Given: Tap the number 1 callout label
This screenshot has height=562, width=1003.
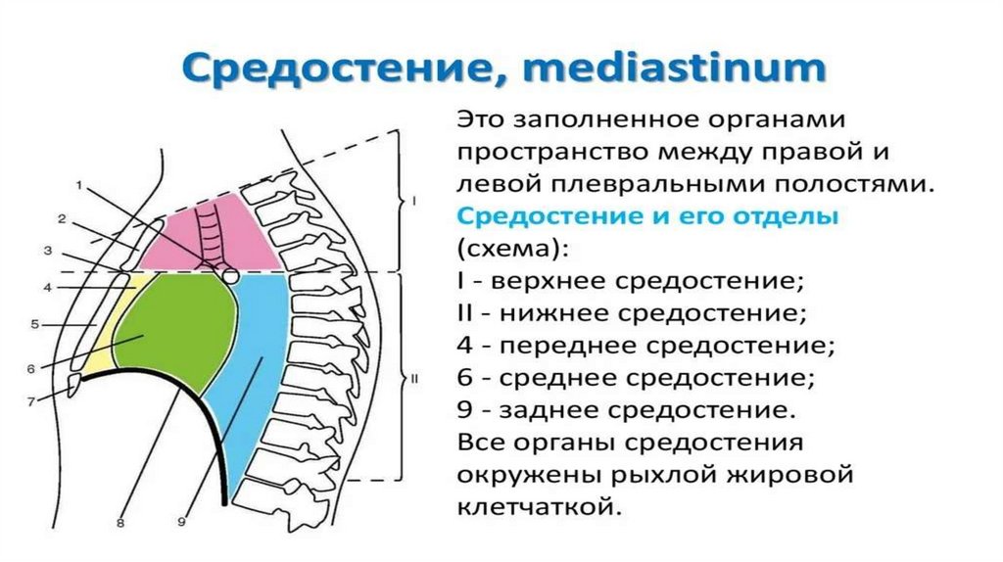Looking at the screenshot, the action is (x=79, y=184).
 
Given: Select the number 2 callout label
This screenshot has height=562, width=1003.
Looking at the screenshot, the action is (x=61, y=217).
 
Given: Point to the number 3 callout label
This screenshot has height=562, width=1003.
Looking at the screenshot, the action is (x=47, y=252).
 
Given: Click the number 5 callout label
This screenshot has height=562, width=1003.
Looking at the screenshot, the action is (x=33, y=323).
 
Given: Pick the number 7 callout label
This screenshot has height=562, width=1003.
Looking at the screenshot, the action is (x=31, y=400).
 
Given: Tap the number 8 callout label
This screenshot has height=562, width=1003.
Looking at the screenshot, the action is (x=119, y=523).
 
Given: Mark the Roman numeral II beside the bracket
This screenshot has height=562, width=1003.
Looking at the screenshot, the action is (x=415, y=378).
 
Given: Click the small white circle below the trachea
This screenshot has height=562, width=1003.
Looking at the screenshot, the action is (x=230, y=276).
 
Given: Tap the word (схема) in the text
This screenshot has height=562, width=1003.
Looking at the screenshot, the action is (x=508, y=249).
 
